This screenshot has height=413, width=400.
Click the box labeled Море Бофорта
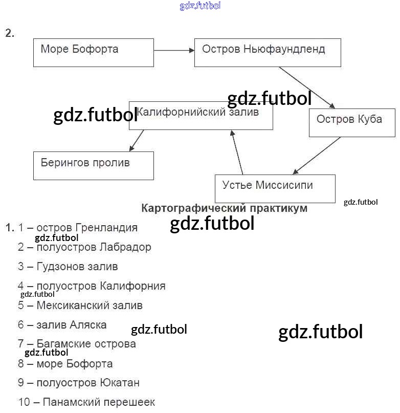tap(93, 52)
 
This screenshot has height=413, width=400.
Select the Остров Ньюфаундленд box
tap(267, 52)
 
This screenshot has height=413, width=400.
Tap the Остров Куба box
tap(352, 122)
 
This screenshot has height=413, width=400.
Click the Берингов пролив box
tap(93, 165)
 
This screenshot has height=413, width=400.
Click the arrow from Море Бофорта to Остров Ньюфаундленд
tap(174, 50)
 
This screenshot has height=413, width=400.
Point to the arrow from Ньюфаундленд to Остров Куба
tap(307, 87)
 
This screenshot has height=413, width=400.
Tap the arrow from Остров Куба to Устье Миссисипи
tap(317, 156)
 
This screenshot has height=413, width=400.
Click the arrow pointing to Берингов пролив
tap(137, 140)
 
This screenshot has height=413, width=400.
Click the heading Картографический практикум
tap(224, 208)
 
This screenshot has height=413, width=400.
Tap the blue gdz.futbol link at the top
tap(200, 6)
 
